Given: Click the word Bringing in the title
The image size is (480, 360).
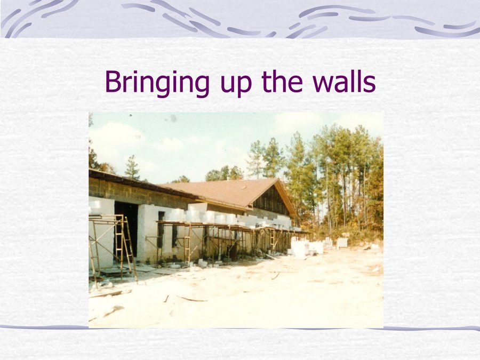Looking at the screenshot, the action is (157, 82).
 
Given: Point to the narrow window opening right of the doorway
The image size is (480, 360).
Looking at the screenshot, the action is (161, 229).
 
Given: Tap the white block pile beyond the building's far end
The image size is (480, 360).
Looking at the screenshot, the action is (306, 247).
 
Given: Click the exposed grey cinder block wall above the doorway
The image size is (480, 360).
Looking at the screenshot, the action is (138, 191).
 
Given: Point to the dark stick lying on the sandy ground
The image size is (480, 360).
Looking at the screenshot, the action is (192, 299).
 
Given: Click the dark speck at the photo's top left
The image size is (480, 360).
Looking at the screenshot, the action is (131, 115).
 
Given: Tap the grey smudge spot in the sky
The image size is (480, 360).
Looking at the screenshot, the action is (173, 118).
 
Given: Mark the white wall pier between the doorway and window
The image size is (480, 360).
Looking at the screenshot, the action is (148, 233).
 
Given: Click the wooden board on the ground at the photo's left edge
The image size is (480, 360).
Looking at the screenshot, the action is (106, 294).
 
